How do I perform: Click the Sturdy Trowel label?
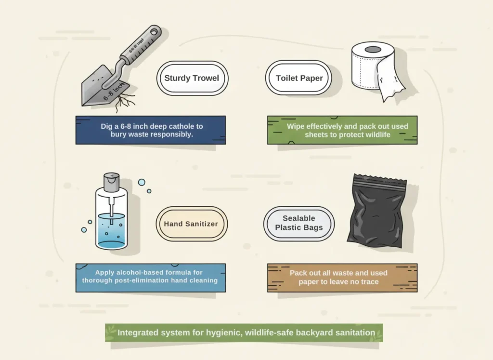pyautogui.click(x=192, y=78)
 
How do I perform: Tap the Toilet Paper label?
pyautogui.click(x=299, y=78)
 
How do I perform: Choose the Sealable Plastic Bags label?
pyautogui.click(x=299, y=223)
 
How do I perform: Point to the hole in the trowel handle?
pyautogui.click(x=154, y=32)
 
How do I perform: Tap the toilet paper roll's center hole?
pyautogui.click(x=373, y=49)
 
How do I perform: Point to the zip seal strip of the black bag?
pyautogui.click(x=380, y=183)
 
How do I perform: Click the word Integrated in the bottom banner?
pyautogui.click(x=140, y=333)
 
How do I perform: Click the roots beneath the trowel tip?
pyautogui.click(x=126, y=101)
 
